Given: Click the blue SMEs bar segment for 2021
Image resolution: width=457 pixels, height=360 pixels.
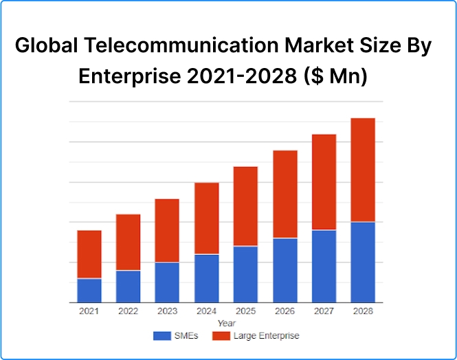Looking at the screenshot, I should coord(89,290).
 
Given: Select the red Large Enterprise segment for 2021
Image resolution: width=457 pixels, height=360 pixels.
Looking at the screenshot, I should coord(89,254).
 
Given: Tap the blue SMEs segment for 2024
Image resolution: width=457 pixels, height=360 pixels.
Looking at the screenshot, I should coord(206,278).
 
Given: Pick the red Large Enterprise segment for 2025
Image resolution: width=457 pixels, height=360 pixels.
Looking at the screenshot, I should coord(245,206).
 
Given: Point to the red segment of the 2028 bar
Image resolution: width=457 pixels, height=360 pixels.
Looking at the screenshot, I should coord(363,170).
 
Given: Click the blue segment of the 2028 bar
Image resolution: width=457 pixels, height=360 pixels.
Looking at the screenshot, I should coord(363,262).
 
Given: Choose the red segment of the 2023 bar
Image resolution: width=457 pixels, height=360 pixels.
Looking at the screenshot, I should coord(167,230).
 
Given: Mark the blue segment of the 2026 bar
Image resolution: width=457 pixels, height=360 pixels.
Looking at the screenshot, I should coord(285,270).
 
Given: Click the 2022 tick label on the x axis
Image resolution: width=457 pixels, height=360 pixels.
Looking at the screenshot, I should coord(128,311).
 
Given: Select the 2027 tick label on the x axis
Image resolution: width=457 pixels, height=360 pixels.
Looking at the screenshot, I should coord(324,311).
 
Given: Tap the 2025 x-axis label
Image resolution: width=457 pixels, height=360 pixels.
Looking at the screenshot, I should coord(245,311).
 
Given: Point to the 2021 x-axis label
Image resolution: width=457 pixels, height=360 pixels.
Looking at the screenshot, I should coord(89,311).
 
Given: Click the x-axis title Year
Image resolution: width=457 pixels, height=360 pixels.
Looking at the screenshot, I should coord(226,323).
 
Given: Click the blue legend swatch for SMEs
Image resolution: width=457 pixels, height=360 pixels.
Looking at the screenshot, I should coord(161,336).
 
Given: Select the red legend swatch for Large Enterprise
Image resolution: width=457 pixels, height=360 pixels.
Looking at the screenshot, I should coord(220,336).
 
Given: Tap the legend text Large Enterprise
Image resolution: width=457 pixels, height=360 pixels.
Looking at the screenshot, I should coord(266,336).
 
